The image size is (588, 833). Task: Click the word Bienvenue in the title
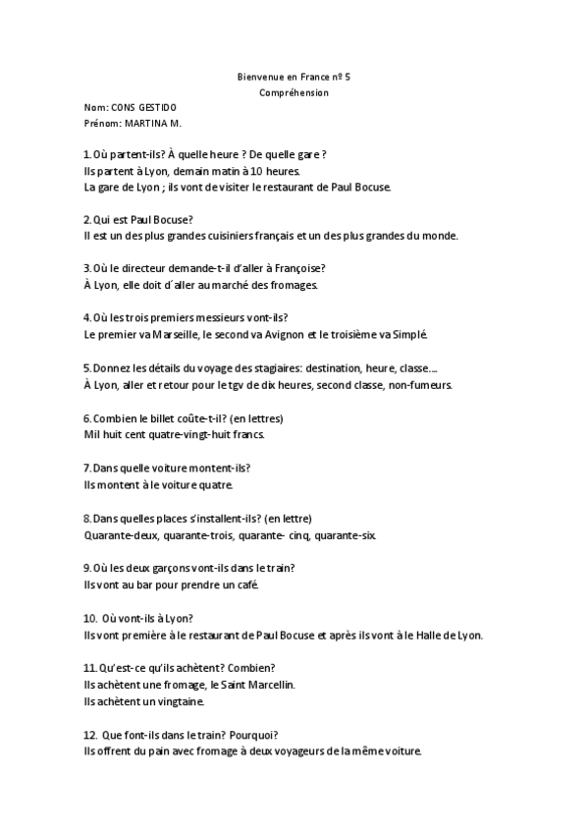[258, 77]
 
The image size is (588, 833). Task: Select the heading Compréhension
[294, 92]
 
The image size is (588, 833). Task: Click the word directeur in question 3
[133, 268]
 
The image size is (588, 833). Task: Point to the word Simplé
[408, 334]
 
